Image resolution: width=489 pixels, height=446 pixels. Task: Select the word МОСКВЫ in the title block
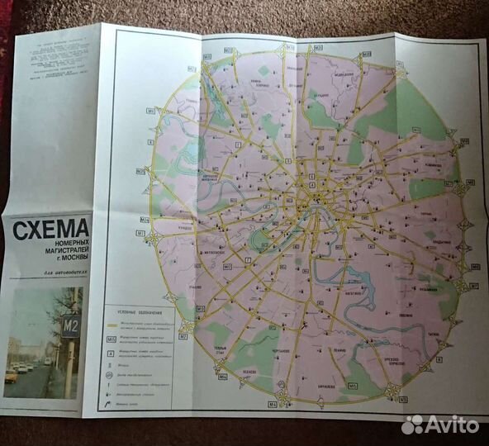pyautogui.click(x=74, y=262)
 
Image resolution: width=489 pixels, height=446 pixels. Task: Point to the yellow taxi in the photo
pyautogui.click(x=12, y=376)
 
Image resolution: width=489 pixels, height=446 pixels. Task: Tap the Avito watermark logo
pyautogui.click(x=440, y=425)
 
